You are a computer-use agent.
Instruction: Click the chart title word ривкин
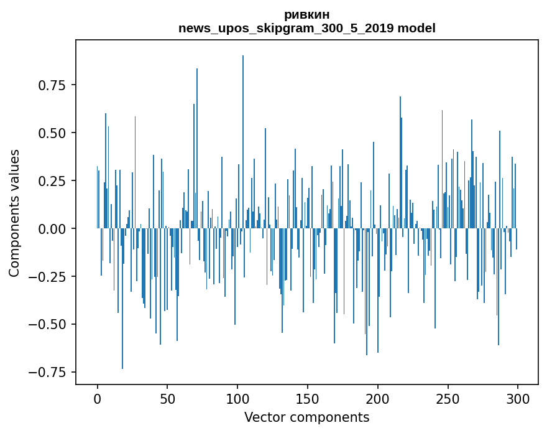pos(306,14)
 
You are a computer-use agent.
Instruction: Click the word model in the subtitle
pos(416,28)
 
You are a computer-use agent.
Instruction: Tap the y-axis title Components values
pos(14,213)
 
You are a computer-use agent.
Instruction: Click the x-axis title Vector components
pos(306,417)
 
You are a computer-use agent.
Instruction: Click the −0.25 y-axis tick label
pos(48,277)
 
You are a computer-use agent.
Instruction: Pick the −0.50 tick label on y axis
pos(48,325)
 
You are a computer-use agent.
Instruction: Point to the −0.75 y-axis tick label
pos(48,373)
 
